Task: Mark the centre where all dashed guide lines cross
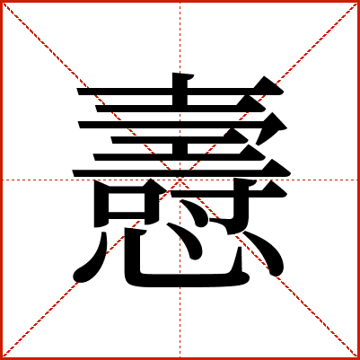point(180,180)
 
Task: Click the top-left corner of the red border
point(3,3)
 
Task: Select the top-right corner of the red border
point(357,3)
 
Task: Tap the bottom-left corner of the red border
point(3,357)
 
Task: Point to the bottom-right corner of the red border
point(357,357)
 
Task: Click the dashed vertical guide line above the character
point(180,36)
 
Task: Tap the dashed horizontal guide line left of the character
point(36,180)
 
